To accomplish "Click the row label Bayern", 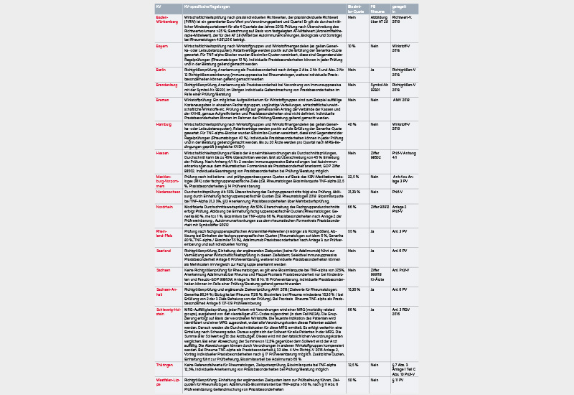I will click(x=162, y=45).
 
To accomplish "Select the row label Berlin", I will click(x=161, y=70).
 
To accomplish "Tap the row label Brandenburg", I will click(x=166, y=85).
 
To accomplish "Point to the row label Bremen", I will click(x=162, y=100).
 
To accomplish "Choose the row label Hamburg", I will click(x=164, y=124).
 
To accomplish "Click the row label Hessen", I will click(x=162, y=153).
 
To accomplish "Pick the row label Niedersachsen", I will click(x=167, y=192).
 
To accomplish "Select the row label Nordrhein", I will click(x=164, y=206).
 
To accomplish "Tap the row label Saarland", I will click(x=164, y=250).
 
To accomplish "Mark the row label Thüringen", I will click(x=165, y=365).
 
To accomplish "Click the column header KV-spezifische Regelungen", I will click(x=209, y=6).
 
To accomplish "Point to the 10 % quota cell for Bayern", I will click(x=352, y=45).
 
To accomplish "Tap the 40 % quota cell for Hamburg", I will click(x=352, y=124).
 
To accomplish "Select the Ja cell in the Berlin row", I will click(x=373, y=70).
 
